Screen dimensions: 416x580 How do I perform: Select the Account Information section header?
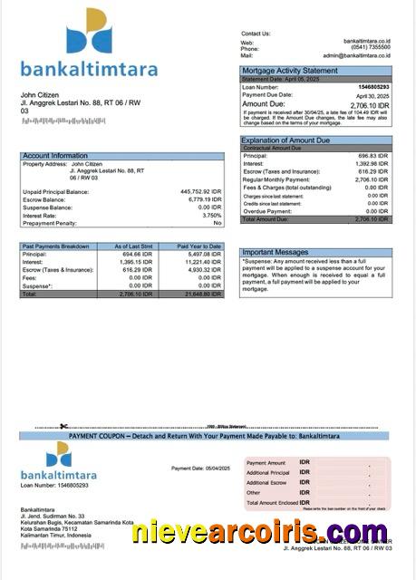55,156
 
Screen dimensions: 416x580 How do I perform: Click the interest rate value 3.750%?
211,216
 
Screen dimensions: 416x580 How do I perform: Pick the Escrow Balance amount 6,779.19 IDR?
199,200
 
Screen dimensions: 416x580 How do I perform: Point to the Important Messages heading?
276,253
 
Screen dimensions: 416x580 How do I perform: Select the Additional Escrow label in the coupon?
268,483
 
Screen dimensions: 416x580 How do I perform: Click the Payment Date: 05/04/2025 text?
201,469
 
